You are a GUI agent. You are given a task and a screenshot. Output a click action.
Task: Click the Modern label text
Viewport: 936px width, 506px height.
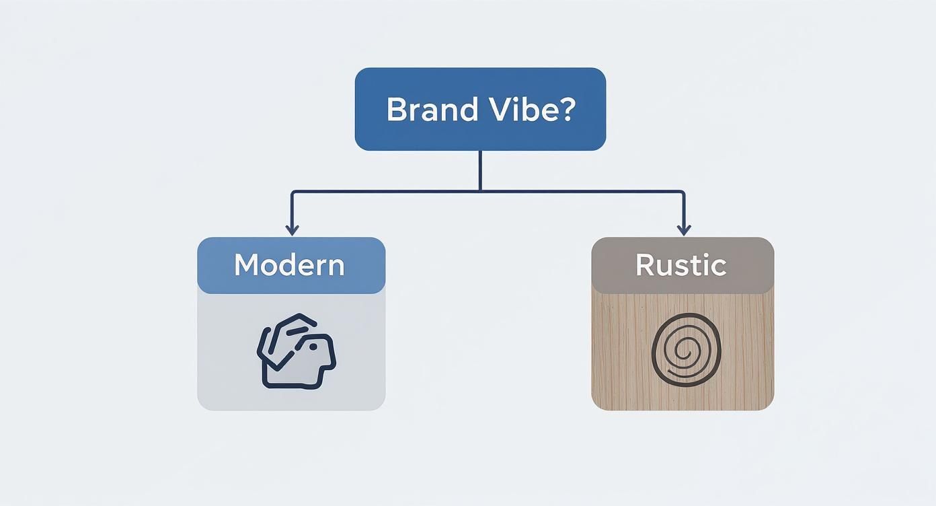[289, 265]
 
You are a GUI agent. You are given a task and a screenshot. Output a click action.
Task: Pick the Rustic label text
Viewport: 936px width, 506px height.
[681, 265]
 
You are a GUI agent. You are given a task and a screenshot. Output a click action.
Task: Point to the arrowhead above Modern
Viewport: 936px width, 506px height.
[292, 230]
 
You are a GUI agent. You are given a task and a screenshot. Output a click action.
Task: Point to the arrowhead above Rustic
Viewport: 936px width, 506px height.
[684, 230]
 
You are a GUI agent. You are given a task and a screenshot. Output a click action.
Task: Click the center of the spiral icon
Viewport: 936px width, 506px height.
[685, 352]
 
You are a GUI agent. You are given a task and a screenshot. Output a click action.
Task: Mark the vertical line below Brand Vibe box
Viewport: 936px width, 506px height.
[480, 170]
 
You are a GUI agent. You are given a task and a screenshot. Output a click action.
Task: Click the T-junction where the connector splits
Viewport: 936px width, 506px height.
[480, 191]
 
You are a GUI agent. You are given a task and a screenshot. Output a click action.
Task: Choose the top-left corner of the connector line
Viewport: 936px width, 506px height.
[292, 192]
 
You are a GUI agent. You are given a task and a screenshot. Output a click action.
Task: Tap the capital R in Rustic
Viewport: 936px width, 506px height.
[645, 265]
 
